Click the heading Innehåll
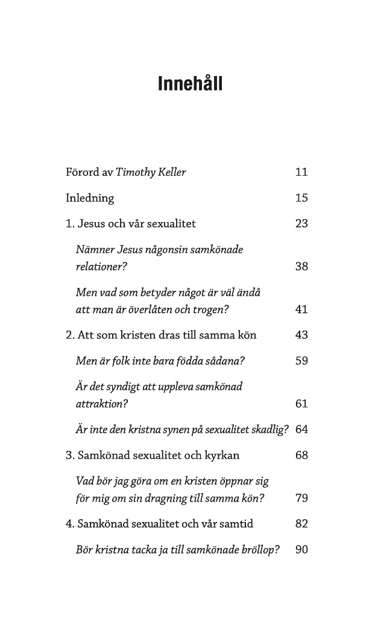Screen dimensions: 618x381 pos(190,83)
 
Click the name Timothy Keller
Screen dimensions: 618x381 pos(151,172)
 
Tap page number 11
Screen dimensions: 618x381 pos(301,172)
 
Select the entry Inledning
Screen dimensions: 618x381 pos(90,198)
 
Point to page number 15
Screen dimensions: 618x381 pos(301,198)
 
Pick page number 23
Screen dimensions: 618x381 pos(301,223)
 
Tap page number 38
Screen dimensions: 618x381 pos(301,266)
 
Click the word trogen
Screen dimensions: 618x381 pos(212,310)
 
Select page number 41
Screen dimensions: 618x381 pos(301,310)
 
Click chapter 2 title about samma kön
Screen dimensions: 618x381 pos(166,335)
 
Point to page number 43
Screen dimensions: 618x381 pos(301,335)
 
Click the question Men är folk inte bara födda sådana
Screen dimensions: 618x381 pos(160,361)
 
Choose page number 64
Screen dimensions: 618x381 pos(301,430)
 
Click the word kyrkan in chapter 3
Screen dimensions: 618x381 pos(221,456)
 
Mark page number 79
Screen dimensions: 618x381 pos(301,499)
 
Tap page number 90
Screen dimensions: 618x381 pos(301,550)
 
